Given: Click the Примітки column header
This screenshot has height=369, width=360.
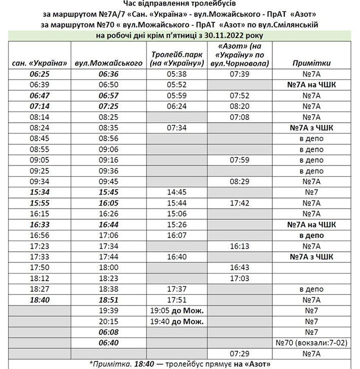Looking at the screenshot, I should coord(311,63).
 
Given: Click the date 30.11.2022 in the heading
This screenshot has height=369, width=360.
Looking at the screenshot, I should coord(225,36).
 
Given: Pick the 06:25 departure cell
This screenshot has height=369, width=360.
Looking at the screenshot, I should coord(39,74).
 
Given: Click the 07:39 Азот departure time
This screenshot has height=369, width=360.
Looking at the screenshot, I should coord(239,74).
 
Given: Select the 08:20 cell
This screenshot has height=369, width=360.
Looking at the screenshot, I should coord(239,106).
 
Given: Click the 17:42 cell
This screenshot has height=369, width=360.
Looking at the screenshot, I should coord(239,203).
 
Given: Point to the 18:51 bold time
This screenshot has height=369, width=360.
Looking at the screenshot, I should coord(109,300).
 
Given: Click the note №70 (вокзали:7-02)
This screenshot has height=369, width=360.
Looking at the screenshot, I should coord(311,343).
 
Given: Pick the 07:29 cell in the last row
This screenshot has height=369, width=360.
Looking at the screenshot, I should coord(239,353).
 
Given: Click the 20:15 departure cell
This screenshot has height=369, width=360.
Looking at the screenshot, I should coord(109,321).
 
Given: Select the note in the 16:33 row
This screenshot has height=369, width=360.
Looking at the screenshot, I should coord(311,225).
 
